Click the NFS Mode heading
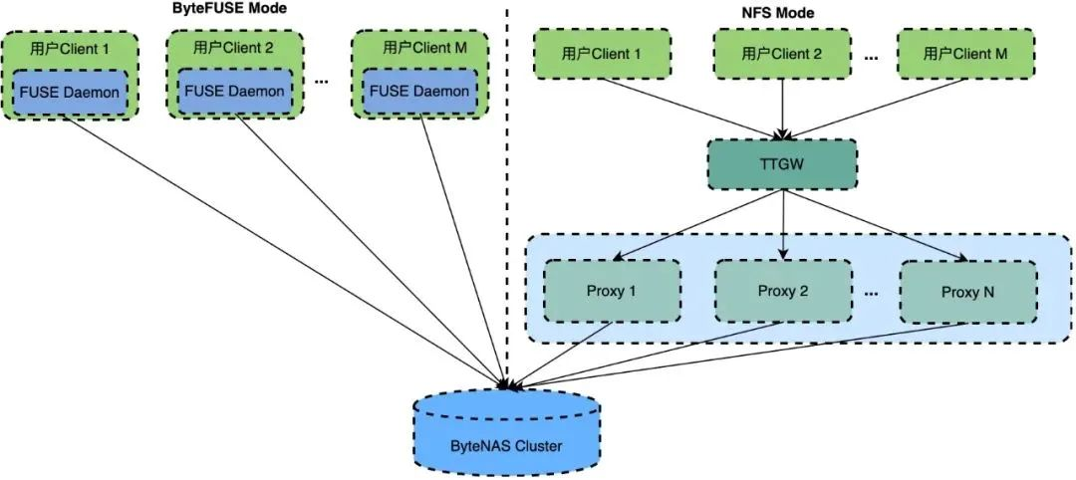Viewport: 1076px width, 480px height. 781,14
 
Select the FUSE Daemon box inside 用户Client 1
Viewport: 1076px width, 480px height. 71,93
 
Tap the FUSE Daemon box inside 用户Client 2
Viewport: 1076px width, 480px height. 234,91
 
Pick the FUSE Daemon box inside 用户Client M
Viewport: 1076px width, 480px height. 419,91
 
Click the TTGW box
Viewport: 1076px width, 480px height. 782,164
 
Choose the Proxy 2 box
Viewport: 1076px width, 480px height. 783,291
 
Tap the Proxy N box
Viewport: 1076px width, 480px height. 966,292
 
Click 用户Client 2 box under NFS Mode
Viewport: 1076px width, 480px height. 783,54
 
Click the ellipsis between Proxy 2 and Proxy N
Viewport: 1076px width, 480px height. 872,293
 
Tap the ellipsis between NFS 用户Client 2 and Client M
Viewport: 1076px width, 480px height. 872,58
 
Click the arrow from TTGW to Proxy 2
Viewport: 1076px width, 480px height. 783,224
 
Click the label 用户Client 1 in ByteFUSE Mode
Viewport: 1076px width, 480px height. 71,48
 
